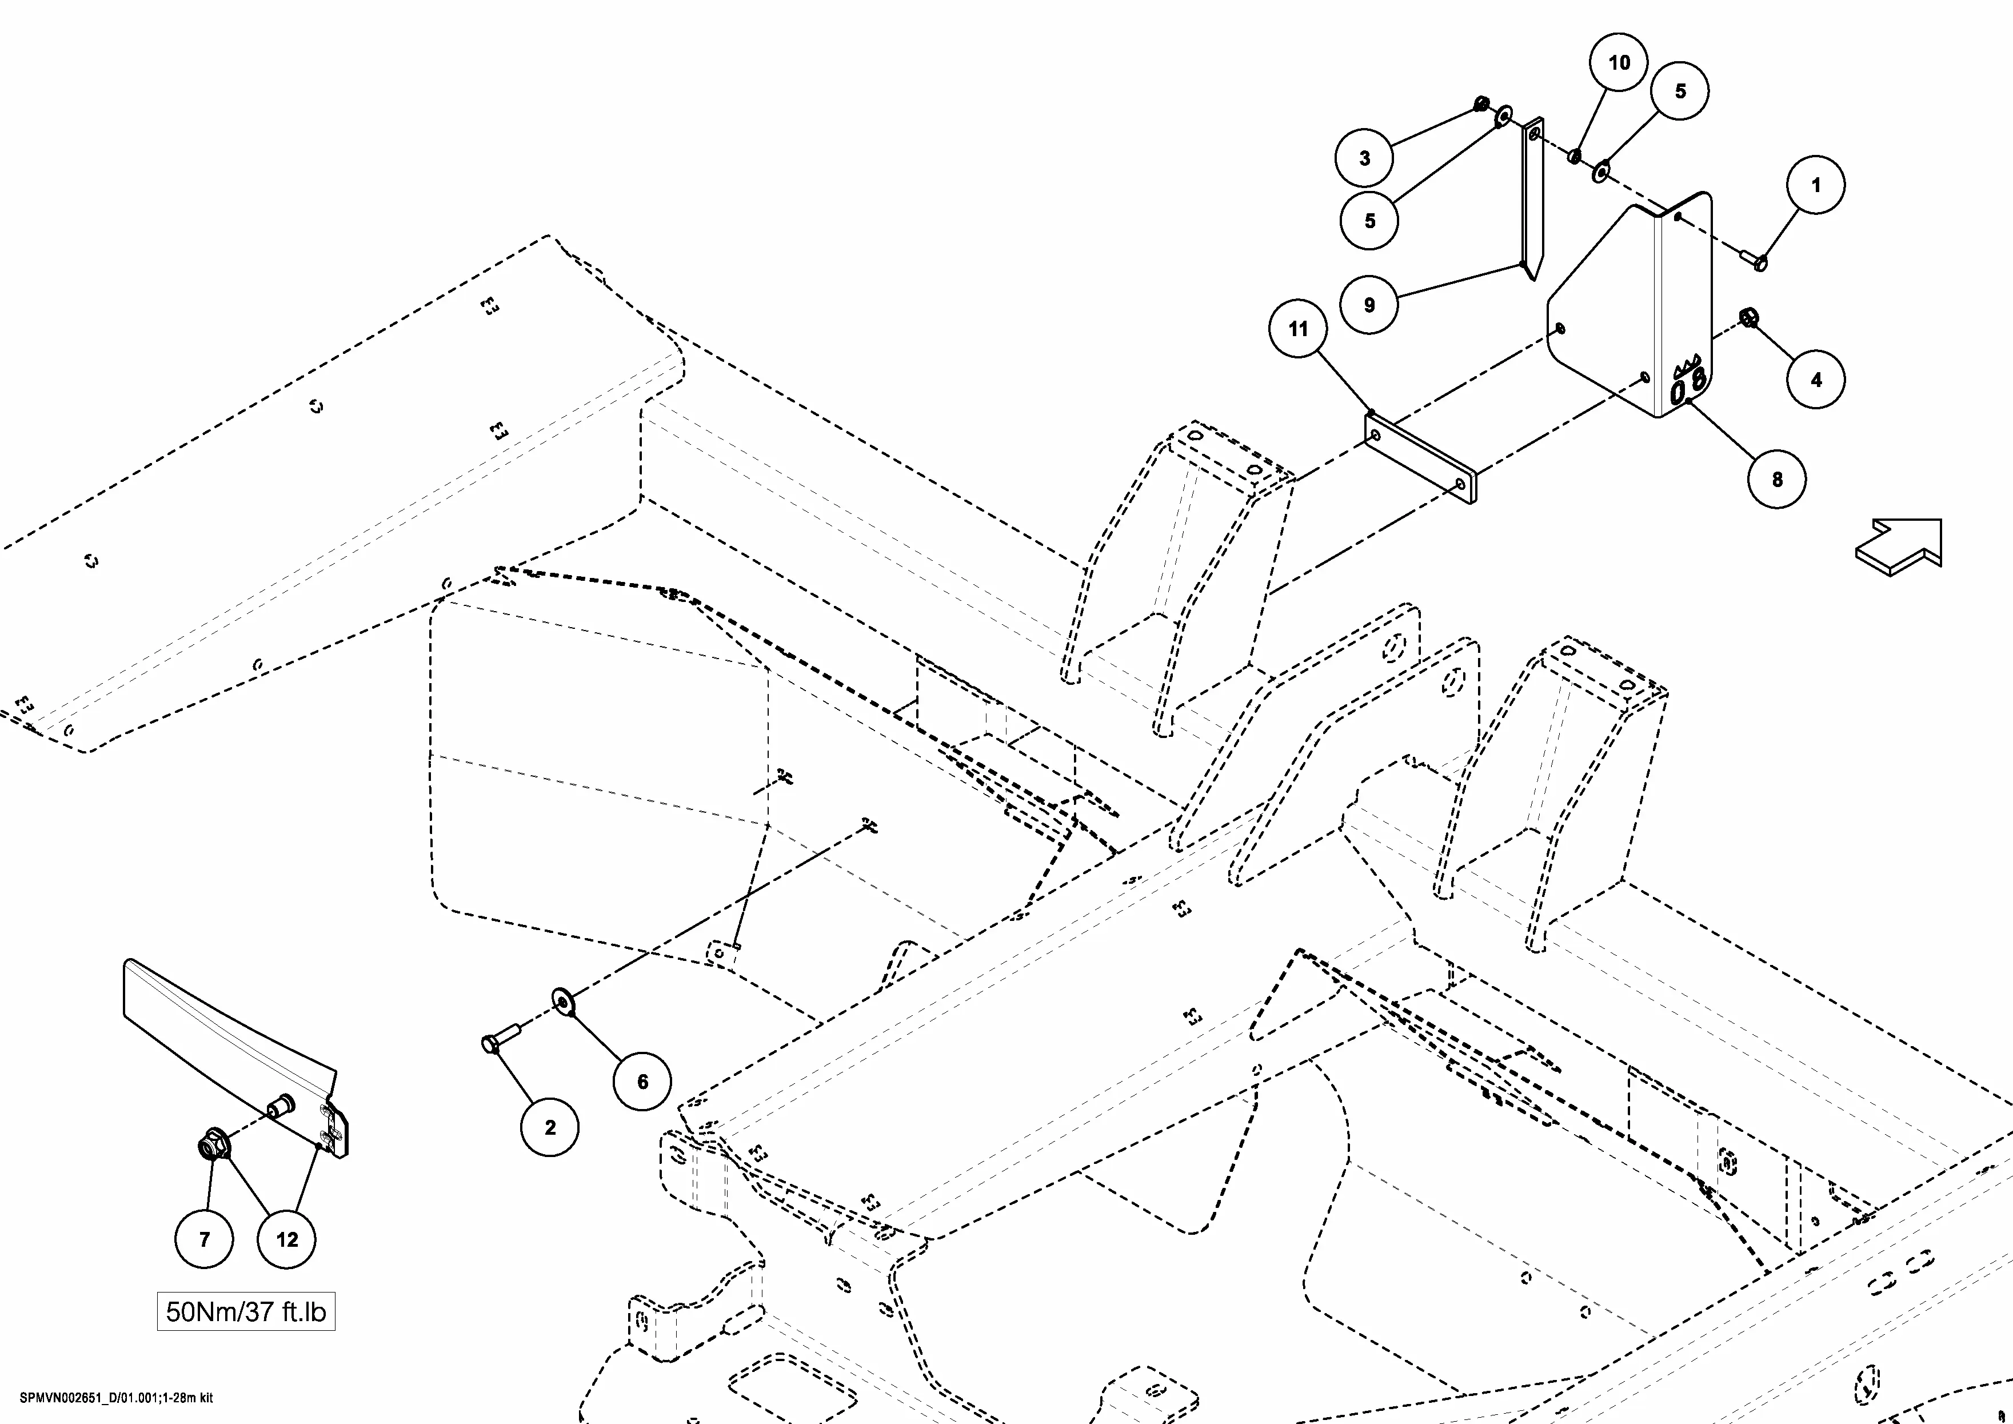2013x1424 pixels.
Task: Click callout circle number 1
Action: click(x=1816, y=185)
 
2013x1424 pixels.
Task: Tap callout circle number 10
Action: click(x=1619, y=62)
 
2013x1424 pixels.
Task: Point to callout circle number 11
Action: click(x=1297, y=329)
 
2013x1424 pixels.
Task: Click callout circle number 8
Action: click(x=1776, y=478)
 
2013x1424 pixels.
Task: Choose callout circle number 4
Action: click(x=1816, y=380)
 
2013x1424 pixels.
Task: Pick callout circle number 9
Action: click(x=1369, y=305)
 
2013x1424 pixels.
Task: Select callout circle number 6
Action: click(x=642, y=1081)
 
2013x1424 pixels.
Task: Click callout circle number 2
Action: click(x=550, y=1128)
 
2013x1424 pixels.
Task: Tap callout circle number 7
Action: click(x=204, y=1239)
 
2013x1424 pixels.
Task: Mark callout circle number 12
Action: click(x=287, y=1239)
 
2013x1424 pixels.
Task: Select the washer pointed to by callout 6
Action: click(x=562, y=1000)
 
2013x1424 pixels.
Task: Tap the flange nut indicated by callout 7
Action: click(x=211, y=1145)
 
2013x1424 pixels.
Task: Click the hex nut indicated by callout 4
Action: click(x=1747, y=317)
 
